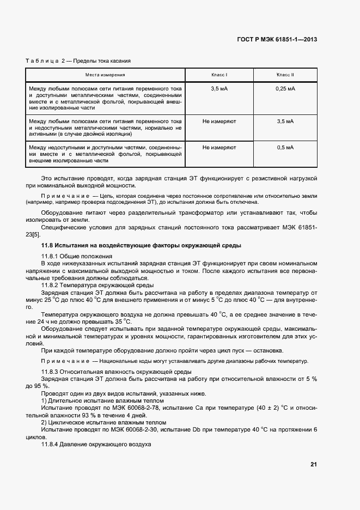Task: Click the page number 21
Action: coord(314,464)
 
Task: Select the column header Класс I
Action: coord(219,74)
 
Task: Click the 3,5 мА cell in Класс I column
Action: coord(219,88)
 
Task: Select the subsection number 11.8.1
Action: coord(50,256)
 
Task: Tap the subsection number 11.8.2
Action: coord(50,285)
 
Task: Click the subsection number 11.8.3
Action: coord(50,372)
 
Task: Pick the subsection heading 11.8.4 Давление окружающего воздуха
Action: coord(96,444)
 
